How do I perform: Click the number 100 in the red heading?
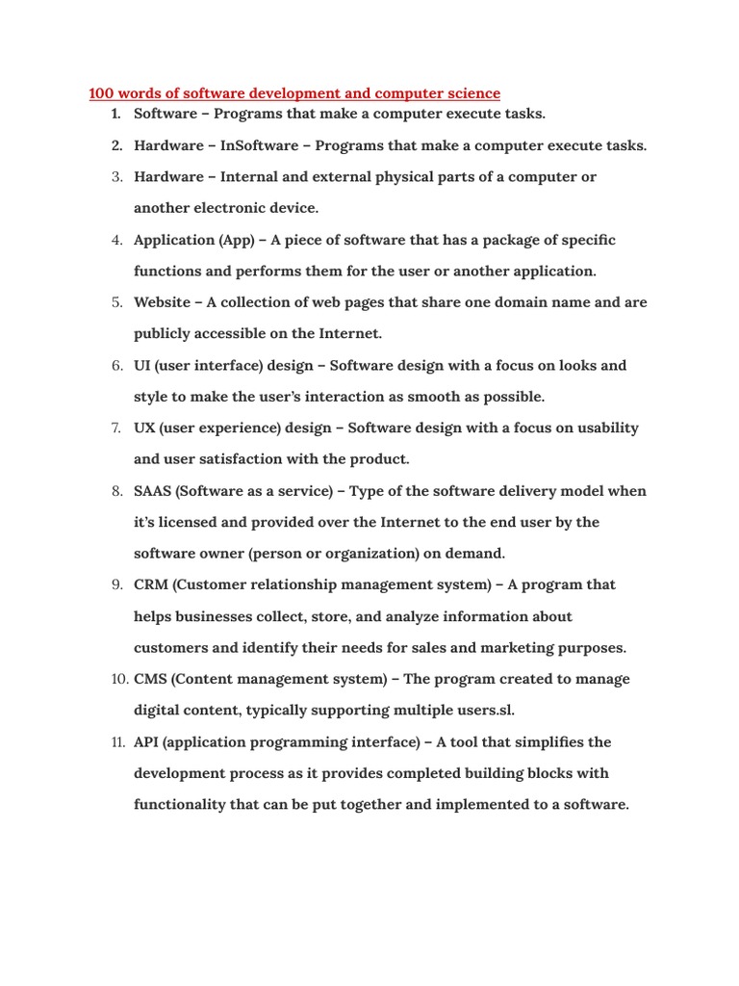[x=101, y=93]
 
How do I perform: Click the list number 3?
[x=116, y=177]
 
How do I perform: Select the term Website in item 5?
[x=162, y=302]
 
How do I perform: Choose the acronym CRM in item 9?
[x=152, y=584]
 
